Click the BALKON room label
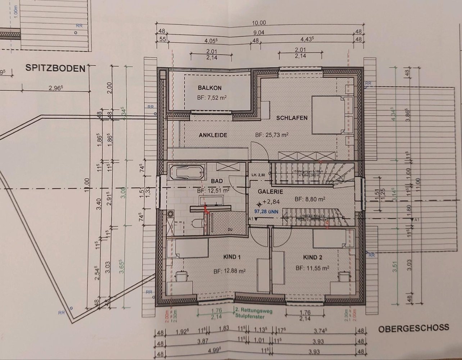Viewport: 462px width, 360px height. [x=209, y=88]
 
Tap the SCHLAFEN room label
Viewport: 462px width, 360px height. [x=292, y=118]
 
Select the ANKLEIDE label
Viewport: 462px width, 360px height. [x=213, y=135]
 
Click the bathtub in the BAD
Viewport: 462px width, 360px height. [x=187, y=172]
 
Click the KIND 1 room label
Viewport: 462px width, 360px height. [x=232, y=257]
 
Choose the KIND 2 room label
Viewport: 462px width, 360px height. [x=313, y=257]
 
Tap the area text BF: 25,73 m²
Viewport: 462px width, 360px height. [x=272, y=135]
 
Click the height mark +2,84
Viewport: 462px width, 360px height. [x=271, y=202]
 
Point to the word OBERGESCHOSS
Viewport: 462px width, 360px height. [x=413, y=328]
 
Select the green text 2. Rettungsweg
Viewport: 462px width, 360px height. [x=250, y=309]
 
